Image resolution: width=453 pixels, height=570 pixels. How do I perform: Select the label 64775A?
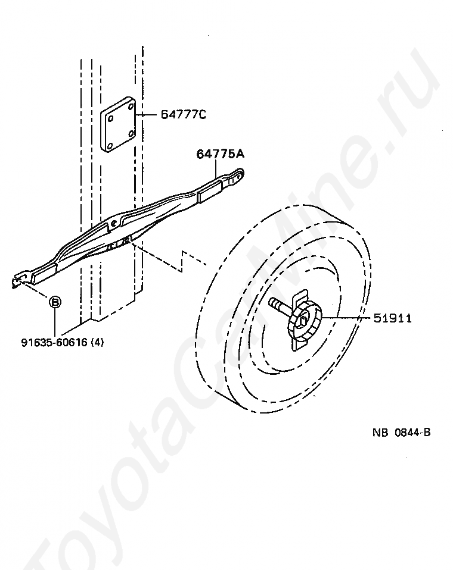coord(220,154)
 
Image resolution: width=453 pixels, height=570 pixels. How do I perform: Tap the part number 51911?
coord(392,319)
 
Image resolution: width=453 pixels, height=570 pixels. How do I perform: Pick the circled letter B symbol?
coord(54,303)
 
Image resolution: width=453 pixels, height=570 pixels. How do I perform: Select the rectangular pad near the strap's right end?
coord(209,192)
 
